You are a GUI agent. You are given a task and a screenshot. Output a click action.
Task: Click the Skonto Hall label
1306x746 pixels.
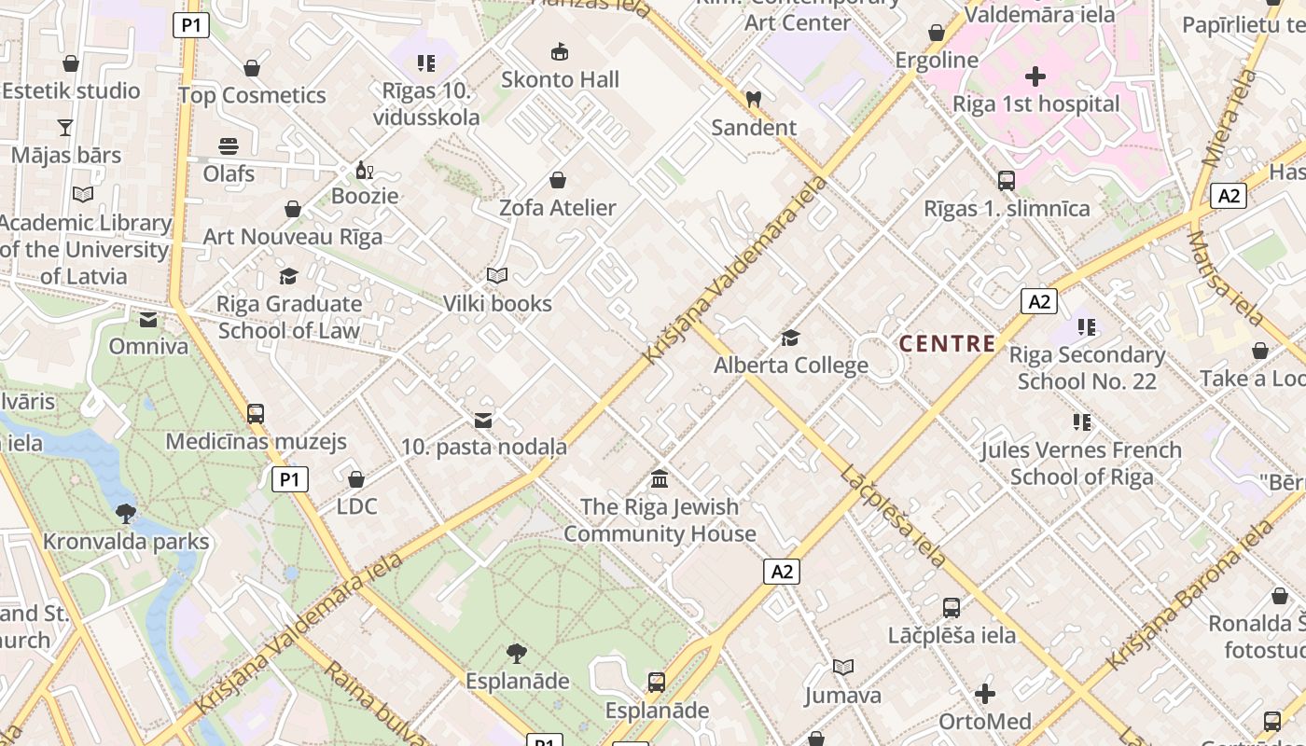[x=560, y=79]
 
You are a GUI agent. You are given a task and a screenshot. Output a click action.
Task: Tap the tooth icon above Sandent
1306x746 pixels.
[x=754, y=99]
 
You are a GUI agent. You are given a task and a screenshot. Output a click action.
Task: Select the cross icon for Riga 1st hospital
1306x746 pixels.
[x=1035, y=76]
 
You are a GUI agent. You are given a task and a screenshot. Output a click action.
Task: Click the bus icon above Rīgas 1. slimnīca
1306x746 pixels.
[x=1006, y=181]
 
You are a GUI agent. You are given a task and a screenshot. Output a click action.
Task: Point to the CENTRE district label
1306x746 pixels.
[x=947, y=343]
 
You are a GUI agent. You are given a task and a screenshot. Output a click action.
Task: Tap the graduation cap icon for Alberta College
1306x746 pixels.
[x=790, y=338]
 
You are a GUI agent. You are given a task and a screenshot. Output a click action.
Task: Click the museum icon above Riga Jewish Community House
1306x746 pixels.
[x=660, y=479]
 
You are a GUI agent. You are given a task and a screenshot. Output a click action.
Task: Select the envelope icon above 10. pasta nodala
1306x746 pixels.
[x=483, y=421]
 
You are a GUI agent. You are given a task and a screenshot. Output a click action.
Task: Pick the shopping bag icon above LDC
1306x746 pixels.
[x=355, y=479]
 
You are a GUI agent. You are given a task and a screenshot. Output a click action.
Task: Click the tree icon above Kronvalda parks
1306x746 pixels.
[x=125, y=513]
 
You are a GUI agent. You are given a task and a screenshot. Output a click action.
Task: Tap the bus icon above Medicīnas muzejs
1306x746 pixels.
[x=255, y=413]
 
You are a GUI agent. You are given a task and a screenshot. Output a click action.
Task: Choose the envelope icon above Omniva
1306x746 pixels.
[x=147, y=320]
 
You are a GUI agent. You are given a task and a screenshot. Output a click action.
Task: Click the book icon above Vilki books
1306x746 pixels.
[x=496, y=276]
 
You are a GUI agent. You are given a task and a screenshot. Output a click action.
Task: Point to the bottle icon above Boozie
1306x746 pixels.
[x=365, y=170]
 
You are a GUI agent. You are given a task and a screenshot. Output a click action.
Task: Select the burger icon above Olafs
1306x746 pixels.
[x=229, y=146]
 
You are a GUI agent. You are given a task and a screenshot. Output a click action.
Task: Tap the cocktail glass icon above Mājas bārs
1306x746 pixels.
[x=65, y=127]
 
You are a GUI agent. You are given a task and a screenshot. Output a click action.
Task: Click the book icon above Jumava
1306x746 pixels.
[x=842, y=668]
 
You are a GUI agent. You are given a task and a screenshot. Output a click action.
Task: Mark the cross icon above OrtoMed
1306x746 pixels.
[x=984, y=694]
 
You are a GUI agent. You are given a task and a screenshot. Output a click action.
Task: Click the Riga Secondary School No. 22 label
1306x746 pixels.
[x=1087, y=368]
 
